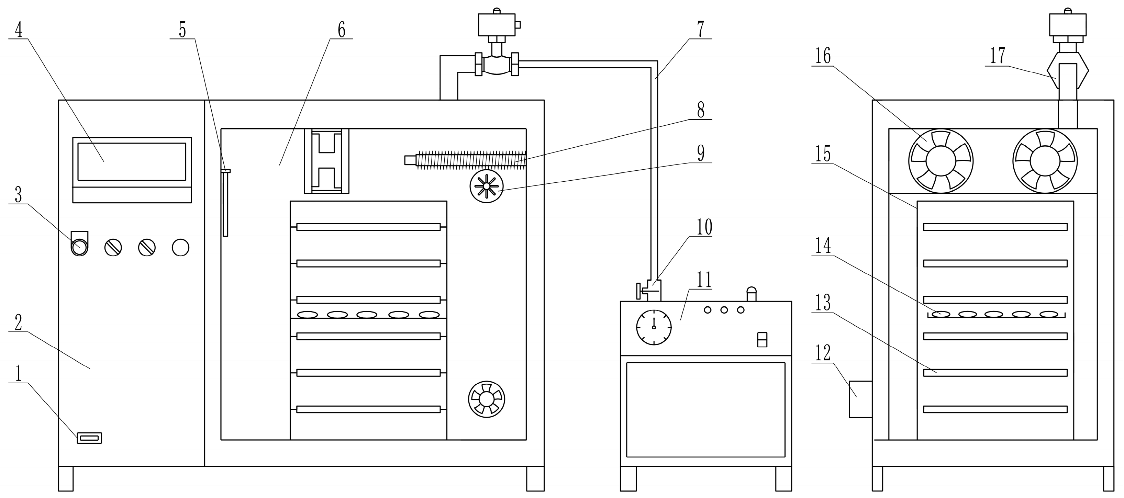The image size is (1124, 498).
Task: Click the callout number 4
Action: tap(18, 30)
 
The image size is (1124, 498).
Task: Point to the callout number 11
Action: tap(704, 279)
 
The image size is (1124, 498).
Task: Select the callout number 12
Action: tap(823, 353)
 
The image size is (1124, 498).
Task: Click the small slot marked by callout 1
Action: tap(89, 438)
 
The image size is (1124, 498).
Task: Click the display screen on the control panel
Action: tap(132, 161)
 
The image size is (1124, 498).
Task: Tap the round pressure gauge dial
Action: tap(654, 327)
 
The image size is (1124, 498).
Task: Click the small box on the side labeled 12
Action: tap(860, 399)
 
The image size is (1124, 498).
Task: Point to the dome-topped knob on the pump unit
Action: tap(752, 294)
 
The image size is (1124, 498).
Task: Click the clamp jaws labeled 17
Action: tap(1067, 70)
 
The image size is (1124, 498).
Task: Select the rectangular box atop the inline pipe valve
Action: tap(497, 25)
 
